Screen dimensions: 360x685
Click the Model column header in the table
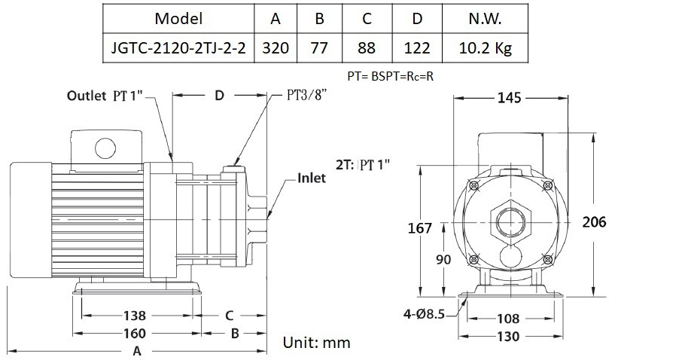(x=177, y=18)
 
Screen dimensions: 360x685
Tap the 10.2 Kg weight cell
(x=485, y=48)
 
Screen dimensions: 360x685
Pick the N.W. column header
(x=485, y=18)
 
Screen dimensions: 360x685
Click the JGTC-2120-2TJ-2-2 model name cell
(x=177, y=48)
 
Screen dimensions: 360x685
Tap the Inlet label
(x=311, y=178)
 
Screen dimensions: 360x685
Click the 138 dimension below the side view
(x=135, y=316)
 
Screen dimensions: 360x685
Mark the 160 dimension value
(x=135, y=332)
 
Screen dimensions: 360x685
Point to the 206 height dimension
(x=594, y=221)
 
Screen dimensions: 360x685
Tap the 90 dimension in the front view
(x=445, y=259)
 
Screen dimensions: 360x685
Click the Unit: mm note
(x=316, y=342)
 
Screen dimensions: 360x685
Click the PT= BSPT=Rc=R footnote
(x=391, y=75)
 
